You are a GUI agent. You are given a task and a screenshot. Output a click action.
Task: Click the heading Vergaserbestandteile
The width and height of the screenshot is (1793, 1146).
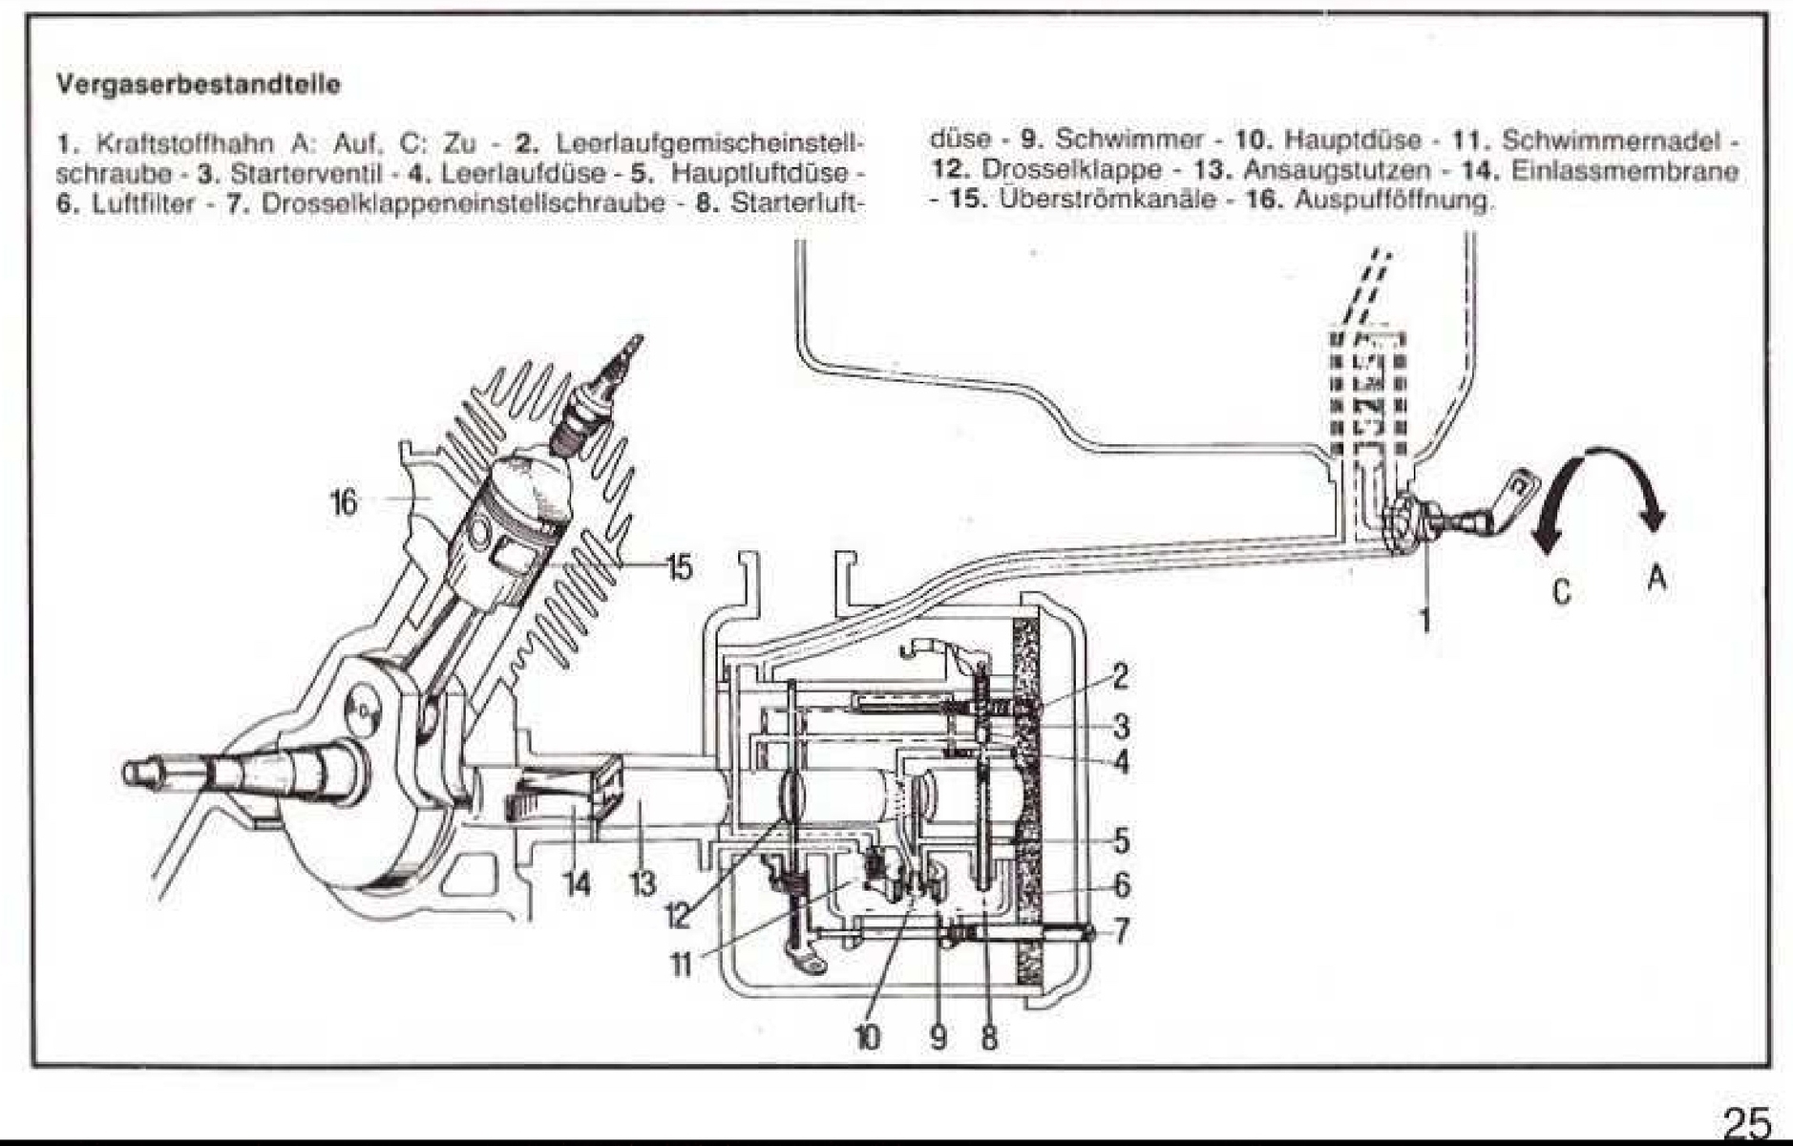point(199,84)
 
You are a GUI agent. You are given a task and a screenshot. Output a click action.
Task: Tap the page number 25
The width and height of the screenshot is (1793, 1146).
point(1746,1122)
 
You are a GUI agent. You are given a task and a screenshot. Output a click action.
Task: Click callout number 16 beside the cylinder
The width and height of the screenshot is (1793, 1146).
point(344,501)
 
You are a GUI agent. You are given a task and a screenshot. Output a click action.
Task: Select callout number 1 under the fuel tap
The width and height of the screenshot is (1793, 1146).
point(1424,621)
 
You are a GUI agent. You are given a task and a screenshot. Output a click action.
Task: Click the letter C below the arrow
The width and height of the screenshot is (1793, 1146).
point(1561,592)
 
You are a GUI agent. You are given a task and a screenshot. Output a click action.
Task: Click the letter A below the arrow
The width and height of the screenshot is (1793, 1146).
point(1657,579)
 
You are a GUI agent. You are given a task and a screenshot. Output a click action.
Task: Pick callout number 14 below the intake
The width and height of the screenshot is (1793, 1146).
point(576,884)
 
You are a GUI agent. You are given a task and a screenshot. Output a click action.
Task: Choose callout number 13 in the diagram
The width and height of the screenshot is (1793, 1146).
point(643,884)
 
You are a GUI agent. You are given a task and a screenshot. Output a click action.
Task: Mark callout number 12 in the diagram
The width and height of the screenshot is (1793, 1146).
point(677,917)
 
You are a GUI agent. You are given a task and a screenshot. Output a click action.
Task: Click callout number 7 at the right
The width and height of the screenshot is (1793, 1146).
point(1122,929)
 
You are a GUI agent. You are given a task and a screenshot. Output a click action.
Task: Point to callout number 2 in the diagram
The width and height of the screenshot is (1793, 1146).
point(1120,676)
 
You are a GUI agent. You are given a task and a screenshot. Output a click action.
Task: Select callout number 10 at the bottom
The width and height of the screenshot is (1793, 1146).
point(867,1036)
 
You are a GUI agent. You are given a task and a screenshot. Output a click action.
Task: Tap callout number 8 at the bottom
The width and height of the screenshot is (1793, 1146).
point(989,1036)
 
